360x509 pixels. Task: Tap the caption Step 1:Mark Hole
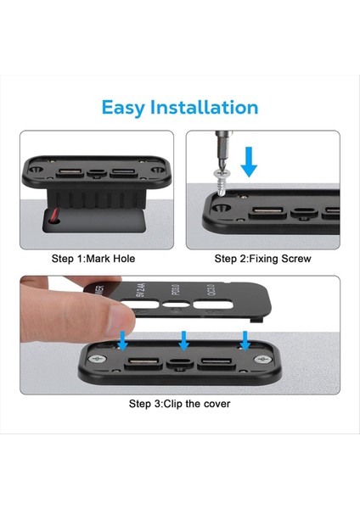point(93,258)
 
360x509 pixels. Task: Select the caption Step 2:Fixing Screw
point(262,258)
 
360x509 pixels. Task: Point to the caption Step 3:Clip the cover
point(179,404)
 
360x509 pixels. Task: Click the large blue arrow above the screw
point(249,159)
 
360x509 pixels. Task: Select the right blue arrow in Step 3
point(245,339)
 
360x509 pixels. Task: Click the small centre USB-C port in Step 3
point(180,366)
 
